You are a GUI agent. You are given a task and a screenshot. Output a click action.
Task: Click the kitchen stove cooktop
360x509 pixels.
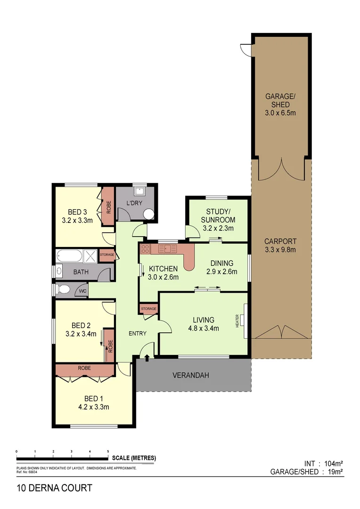coord(145,249)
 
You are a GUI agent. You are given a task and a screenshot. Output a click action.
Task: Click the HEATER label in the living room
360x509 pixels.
coord(237,322)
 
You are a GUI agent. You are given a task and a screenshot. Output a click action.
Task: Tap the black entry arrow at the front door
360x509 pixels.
coord(147,358)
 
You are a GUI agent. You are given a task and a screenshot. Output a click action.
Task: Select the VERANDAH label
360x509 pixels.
coord(190,376)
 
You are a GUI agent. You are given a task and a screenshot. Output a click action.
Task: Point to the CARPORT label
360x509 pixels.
coord(280,242)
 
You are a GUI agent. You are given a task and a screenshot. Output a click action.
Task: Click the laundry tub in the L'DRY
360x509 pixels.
coord(139,192)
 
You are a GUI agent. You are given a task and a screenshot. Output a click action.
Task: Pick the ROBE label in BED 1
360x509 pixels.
coord(84,368)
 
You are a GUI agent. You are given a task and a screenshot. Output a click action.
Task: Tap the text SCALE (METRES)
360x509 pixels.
coord(134,458)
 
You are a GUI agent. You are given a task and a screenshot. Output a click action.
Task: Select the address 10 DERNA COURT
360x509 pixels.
coord(54,488)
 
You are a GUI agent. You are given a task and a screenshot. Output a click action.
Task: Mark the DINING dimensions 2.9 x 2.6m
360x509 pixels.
coord(221,271)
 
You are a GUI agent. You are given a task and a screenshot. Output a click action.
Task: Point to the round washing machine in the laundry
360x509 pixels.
coord(148,215)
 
